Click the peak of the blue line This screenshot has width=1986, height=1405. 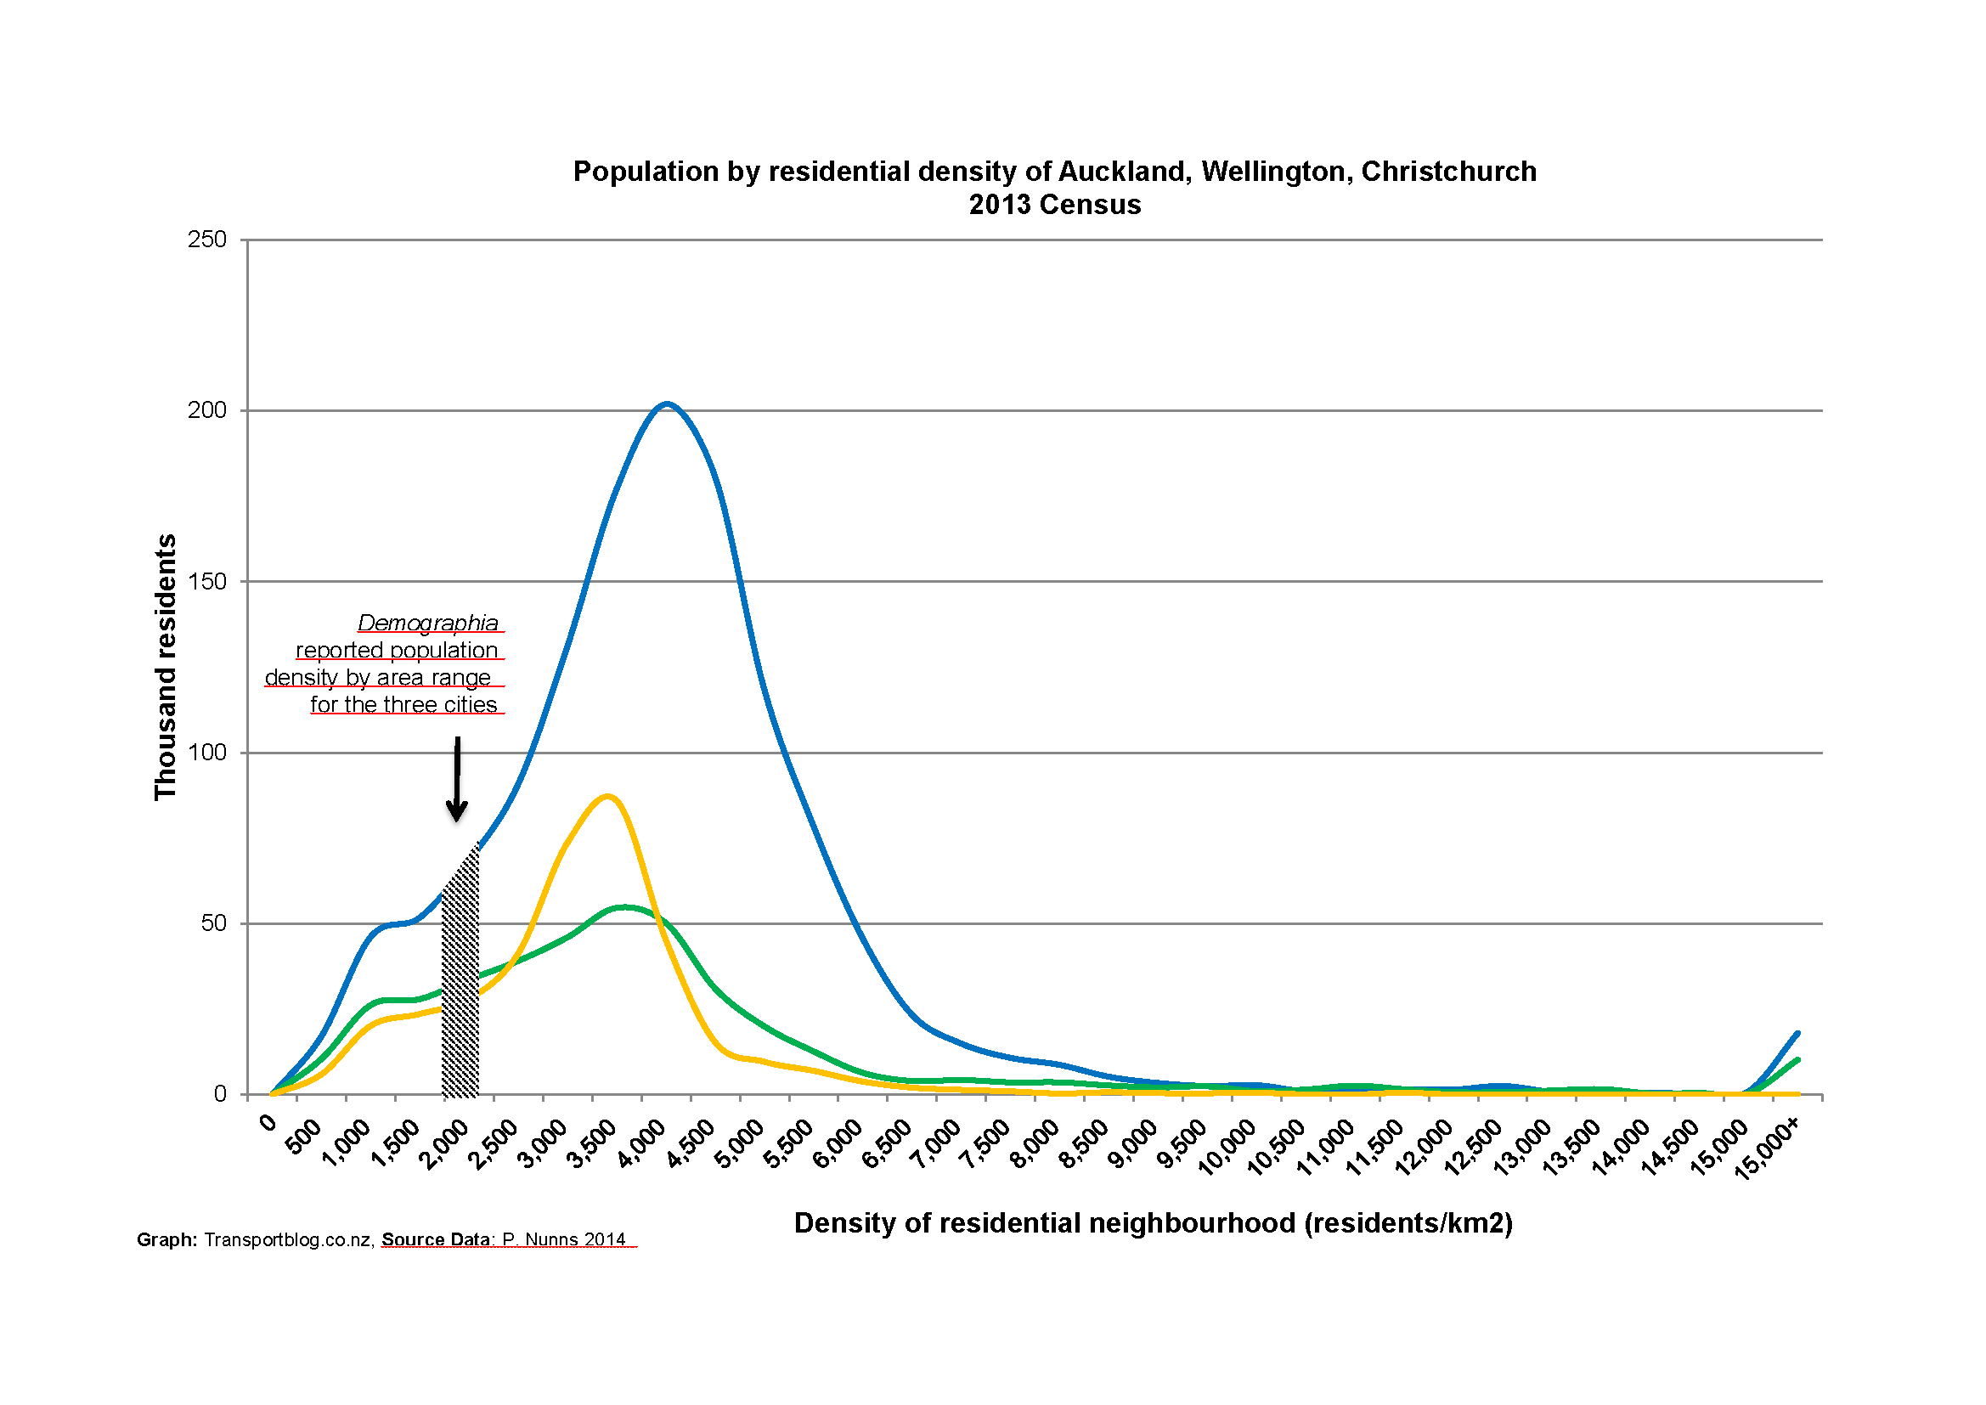click(667, 404)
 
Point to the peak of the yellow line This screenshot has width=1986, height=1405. click(608, 796)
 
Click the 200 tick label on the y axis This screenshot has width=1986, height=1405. click(206, 410)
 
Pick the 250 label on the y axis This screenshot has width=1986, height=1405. click(206, 240)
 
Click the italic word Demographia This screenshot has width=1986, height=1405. click(428, 623)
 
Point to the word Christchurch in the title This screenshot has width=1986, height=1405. click(1449, 172)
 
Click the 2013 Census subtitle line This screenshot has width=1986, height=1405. click(1054, 205)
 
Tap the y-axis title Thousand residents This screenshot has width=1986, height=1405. click(165, 667)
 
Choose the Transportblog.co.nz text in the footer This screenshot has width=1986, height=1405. click(288, 1239)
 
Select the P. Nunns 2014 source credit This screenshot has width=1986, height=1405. click(564, 1239)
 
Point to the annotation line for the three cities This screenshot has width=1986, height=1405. click(404, 705)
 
